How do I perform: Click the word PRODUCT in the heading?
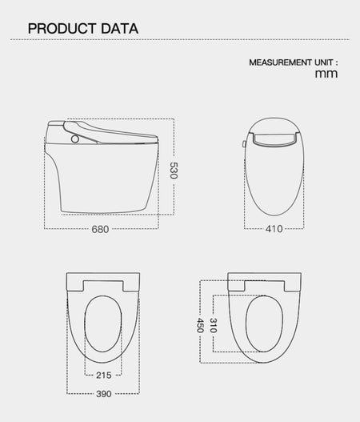click(x=62, y=29)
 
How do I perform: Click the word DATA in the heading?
click(x=120, y=29)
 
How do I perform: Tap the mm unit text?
click(x=326, y=74)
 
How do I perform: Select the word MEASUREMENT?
click(x=280, y=62)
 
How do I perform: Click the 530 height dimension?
click(x=174, y=171)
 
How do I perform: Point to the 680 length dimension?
click(x=100, y=229)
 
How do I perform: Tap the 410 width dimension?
click(x=274, y=229)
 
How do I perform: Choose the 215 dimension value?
click(x=104, y=375)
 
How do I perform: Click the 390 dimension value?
click(x=104, y=394)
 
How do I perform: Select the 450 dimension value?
click(x=200, y=325)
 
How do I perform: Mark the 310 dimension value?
click(x=214, y=325)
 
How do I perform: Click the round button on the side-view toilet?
click(x=75, y=139)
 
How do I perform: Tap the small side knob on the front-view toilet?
click(x=244, y=144)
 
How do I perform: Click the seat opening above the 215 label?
click(x=103, y=324)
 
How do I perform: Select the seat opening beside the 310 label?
click(x=264, y=324)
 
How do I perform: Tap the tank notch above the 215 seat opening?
click(x=103, y=286)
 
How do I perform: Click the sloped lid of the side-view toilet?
click(x=110, y=132)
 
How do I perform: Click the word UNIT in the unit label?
click(x=324, y=62)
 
